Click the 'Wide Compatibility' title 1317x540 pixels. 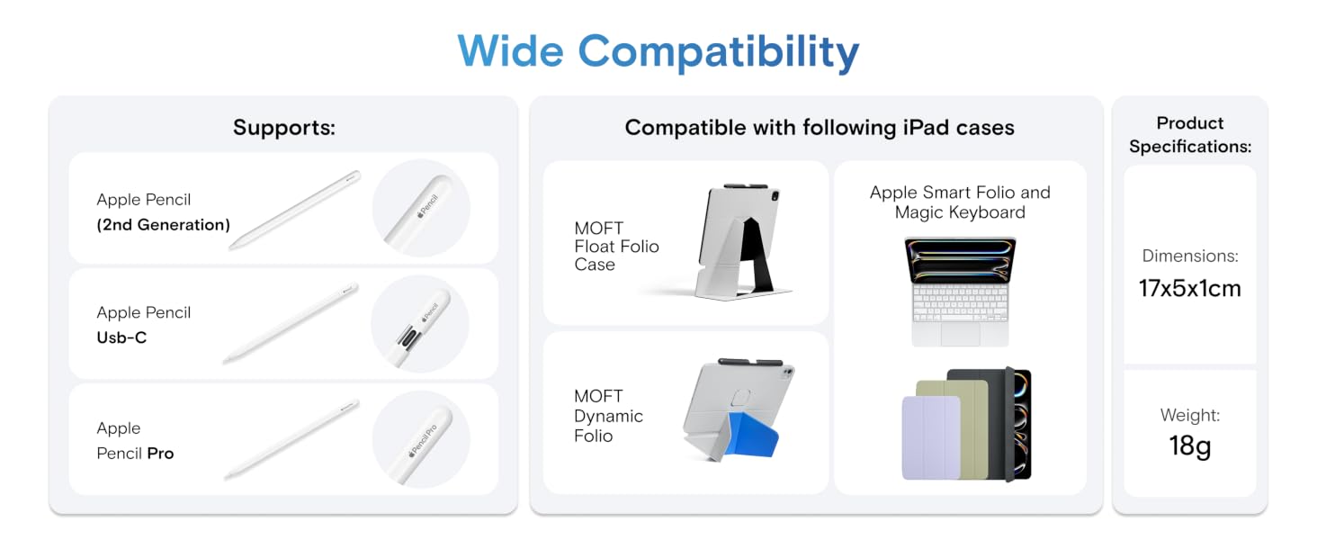point(658,52)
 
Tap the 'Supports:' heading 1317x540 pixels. point(284,128)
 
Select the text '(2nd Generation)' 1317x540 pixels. point(164,225)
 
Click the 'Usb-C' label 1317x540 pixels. point(121,337)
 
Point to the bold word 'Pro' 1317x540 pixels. point(160,454)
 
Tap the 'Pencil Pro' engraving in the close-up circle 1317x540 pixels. point(423,440)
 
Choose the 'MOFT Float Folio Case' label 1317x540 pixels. point(616,247)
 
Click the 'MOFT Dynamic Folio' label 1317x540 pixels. point(608,416)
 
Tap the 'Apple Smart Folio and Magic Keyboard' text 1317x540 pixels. point(960,202)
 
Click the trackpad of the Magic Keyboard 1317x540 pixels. point(960,334)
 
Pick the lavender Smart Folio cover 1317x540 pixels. point(932,437)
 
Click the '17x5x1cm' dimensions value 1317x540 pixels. point(1190,289)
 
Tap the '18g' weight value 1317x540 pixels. point(1190,446)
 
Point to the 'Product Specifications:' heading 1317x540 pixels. point(1190,135)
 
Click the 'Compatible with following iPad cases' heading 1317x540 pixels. point(820,128)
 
